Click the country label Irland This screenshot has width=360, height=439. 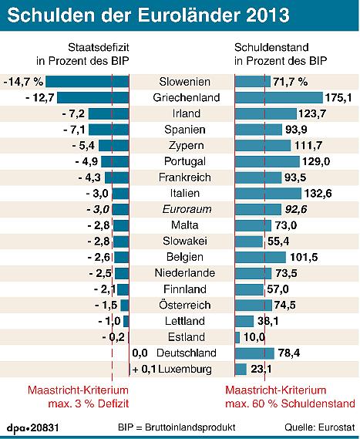click(180, 113)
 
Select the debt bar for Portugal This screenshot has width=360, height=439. click(267, 160)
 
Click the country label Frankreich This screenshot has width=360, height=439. click(180, 177)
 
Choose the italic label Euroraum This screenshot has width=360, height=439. click(180, 209)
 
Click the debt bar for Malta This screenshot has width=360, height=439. click(254, 225)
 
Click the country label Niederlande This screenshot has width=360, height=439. click(180, 273)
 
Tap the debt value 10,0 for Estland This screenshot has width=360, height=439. click(256, 337)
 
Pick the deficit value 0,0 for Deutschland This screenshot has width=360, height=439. click(140, 353)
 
